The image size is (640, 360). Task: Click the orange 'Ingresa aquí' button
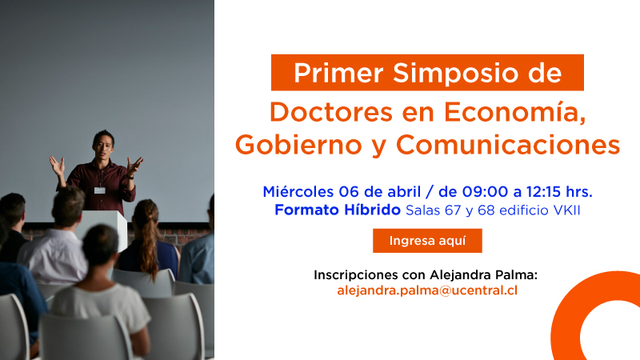click(x=427, y=241)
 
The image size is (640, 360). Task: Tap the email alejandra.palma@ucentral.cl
click(x=427, y=290)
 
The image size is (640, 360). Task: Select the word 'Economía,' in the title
click(x=515, y=112)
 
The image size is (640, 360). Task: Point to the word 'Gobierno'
click(x=298, y=145)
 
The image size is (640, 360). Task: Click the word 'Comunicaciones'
click(x=508, y=145)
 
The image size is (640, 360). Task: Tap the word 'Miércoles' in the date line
click(x=298, y=191)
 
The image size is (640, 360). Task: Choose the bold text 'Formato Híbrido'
click(x=338, y=210)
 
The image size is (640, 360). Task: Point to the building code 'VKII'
click(x=566, y=210)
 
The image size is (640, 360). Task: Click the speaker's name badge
click(x=100, y=190)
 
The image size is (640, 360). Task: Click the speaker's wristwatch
click(x=130, y=177)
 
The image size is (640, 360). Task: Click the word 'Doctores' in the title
click(x=331, y=112)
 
